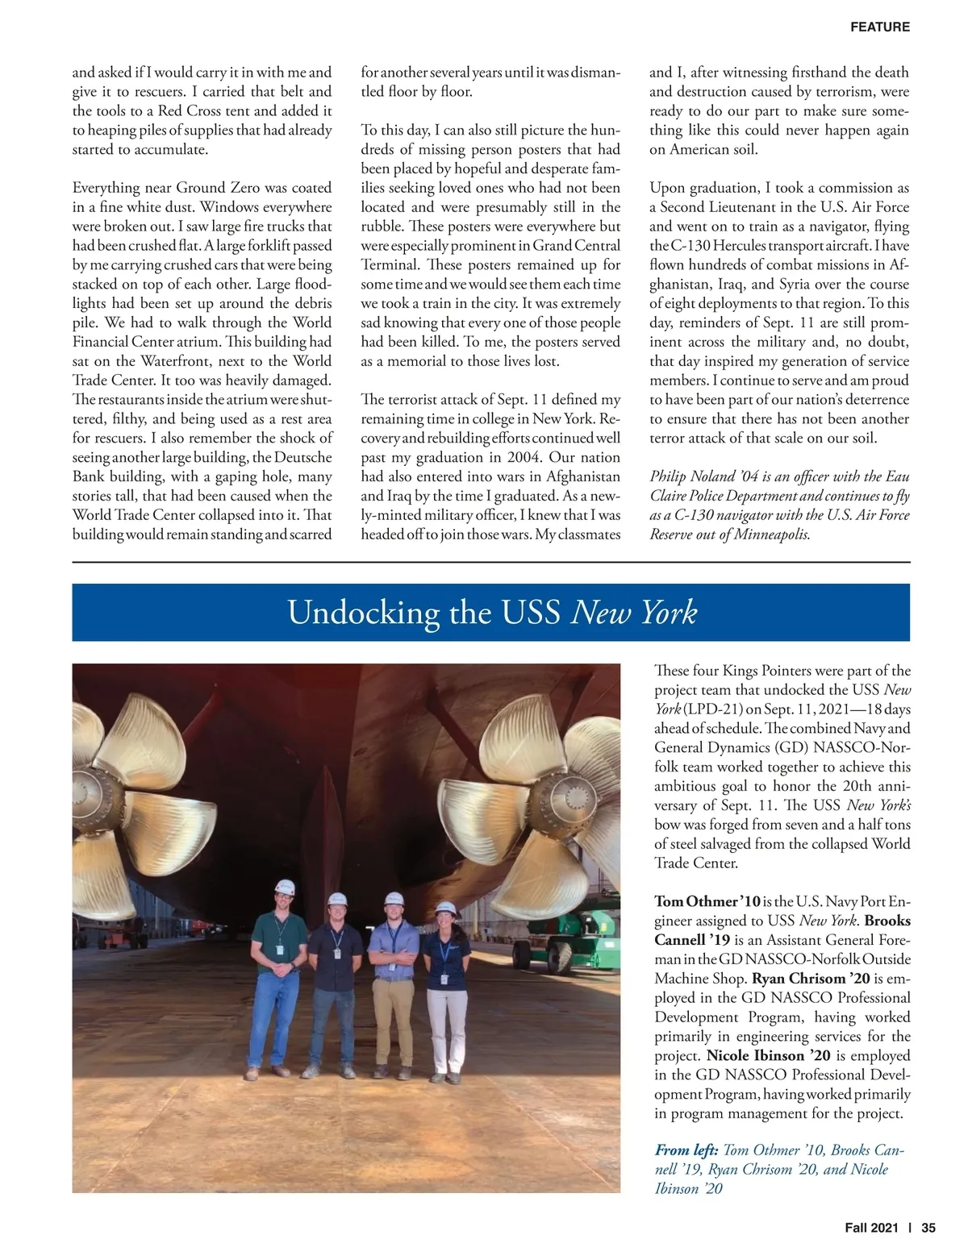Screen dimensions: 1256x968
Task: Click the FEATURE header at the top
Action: coord(879,27)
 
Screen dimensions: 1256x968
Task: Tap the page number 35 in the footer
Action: coord(928,1228)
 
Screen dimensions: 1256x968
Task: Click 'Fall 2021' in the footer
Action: coord(871,1228)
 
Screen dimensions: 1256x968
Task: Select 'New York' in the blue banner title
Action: coord(633,613)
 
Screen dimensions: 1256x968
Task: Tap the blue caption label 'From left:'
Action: coord(686,1150)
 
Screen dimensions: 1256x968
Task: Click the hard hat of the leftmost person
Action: coord(284,888)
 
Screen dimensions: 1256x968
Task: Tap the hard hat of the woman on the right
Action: coord(445,910)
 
